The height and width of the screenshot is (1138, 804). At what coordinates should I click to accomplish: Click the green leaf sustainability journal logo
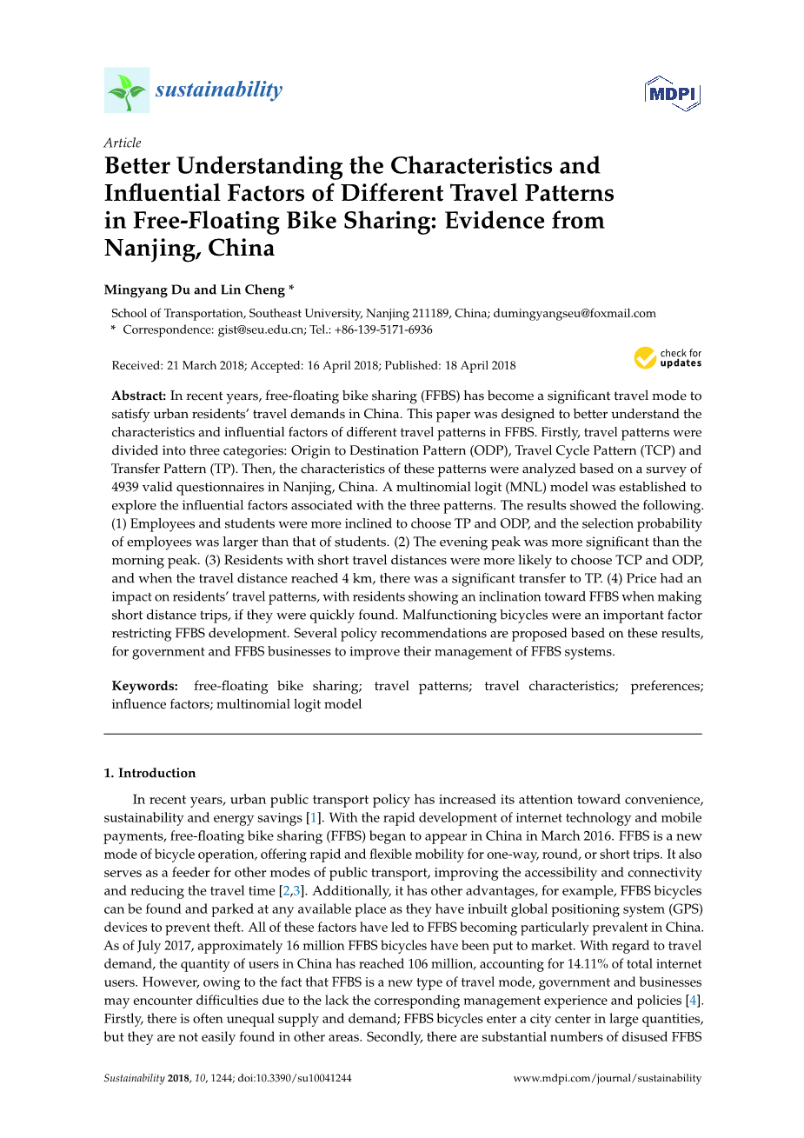[x=127, y=90]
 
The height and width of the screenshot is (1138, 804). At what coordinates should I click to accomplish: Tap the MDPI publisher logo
[x=672, y=93]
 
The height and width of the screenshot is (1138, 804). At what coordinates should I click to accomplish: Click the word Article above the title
[x=123, y=143]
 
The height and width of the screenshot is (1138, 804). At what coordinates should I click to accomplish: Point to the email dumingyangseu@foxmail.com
[x=575, y=313]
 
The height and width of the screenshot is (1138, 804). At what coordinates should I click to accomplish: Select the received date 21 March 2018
[x=207, y=365]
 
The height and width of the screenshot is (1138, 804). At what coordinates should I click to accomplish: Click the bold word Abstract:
[x=139, y=396]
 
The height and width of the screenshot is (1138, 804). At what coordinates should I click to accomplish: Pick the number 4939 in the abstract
[x=127, y=487]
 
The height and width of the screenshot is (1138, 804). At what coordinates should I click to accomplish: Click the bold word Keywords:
[x=145, y=686]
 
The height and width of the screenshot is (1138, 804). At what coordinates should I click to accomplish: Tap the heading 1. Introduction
[x=150, y=773]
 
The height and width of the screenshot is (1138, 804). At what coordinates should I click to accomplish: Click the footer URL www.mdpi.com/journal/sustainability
[x=607, y=1078]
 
